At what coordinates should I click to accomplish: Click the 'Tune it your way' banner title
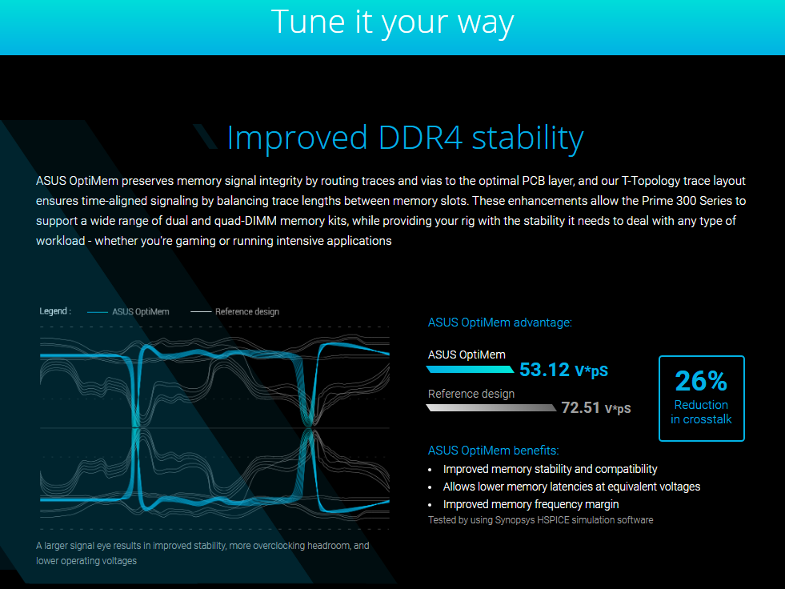click(x=392, y=22)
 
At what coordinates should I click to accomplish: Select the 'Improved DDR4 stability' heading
click(x=406, y=138)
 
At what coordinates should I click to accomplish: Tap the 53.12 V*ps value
click(x=563, y=371)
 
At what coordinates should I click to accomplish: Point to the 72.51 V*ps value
click(x=596, y=407)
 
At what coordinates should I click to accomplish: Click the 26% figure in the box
click(x=701, y=381)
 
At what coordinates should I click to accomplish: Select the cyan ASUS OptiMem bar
click(x=470, y=370)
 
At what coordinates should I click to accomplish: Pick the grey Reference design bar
click(x=491, y=407)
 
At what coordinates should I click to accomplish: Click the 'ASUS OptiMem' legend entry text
click(x=141, y=311)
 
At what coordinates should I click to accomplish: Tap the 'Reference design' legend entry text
click(x=247, y=311)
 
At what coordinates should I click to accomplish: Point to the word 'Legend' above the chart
click(x=54, y=311)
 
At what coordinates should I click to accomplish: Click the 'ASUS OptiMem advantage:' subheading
click(x=499, y=323)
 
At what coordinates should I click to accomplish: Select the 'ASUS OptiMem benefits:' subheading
click(x=493, y=451)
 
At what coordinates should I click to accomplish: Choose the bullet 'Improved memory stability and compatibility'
click(x=551, y=469)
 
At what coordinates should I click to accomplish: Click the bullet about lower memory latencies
click(x=571, y=487)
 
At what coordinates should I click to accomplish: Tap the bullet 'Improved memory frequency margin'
click(x=531, y=504)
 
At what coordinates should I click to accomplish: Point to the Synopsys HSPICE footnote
click(x=541, y=520)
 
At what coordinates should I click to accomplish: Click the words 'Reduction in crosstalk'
click(x=702, y=412)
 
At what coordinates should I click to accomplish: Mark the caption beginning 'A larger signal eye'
click(x=202, y=554)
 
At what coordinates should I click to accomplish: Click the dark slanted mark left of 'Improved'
click(x=206, y=137)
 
